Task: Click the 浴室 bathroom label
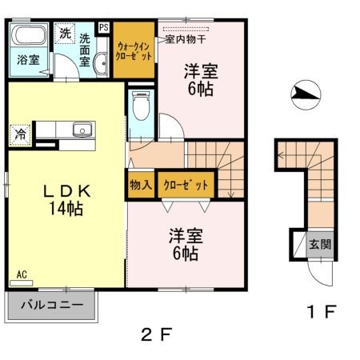(x=27, y=60)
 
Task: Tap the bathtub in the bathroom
(x=29, y=36)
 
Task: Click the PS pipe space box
(x=103, y=26)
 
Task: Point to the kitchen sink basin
(x=81, y=130)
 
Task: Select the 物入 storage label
(x=140, y=185)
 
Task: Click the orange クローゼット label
(x=186, y=185)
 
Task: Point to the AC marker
(x=21, y=275)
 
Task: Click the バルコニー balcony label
(x=51, y=306)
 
